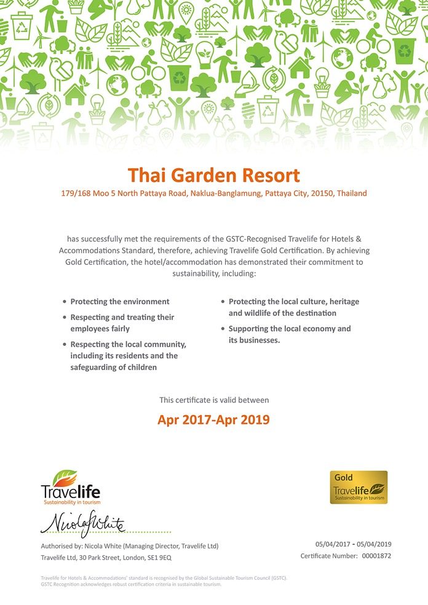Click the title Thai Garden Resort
(213, 175)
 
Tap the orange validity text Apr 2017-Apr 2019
(213, 420)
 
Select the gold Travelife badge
(359, 488)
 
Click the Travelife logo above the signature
(70, 488)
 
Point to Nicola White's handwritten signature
(83, 523)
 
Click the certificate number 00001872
(377, 556)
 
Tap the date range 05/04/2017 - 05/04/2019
(353, 544)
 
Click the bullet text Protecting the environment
(120, 302)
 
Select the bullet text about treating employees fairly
(122, 323)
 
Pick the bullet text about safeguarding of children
(128, 356)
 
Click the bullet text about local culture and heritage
(293, 307)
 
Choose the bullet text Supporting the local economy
(289, 334)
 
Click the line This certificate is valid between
(214, 400)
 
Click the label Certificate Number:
(329, 556)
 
